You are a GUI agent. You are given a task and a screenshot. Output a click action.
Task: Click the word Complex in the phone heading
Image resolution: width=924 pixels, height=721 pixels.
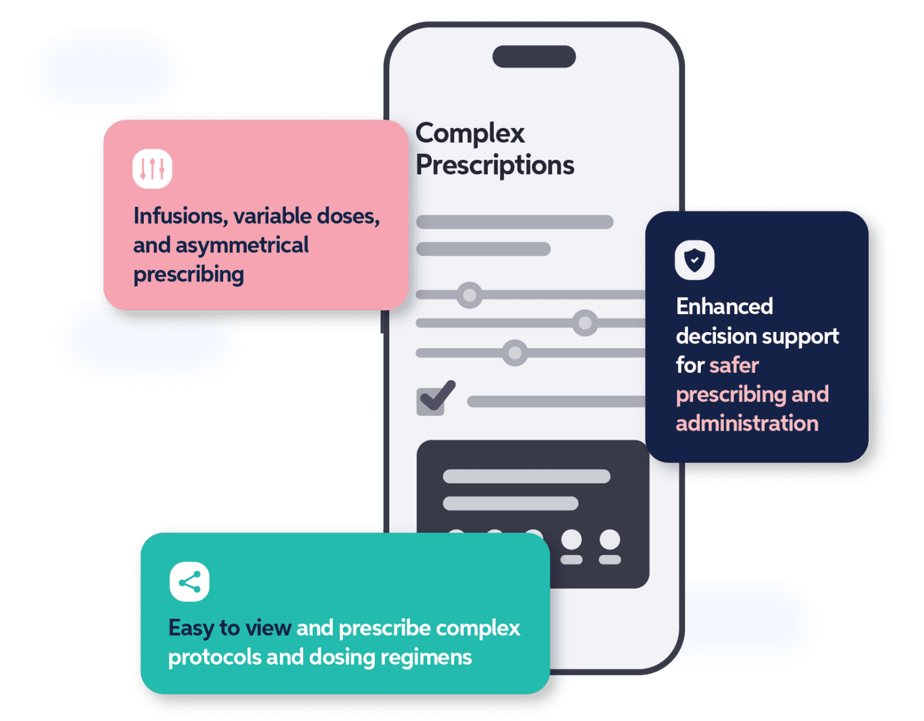(x=470, y=133)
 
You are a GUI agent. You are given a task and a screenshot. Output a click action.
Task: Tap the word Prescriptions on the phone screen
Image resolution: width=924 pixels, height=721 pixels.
(x=494, y=165)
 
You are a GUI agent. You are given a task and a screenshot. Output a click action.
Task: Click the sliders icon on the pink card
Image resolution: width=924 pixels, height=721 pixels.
(x=152, y=169)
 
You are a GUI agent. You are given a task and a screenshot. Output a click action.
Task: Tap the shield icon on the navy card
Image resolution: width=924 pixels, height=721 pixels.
(x=694, y=260)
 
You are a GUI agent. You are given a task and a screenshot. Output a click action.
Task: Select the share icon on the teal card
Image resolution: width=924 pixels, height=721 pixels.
(x=189, y=582)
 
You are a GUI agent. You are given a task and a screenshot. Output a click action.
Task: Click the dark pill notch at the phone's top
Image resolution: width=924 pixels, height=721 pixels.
(x=534, y=57)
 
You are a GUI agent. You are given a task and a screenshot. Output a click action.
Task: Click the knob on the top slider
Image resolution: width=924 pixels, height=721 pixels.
(x=469, y=295)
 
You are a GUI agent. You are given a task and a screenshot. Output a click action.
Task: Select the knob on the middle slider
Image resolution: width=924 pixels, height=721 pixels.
(x=584, y=323)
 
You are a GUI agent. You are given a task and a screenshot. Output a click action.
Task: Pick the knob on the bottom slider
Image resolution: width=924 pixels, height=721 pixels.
(x=514, y=352)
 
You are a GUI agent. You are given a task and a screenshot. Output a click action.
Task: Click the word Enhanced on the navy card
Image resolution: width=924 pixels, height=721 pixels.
(x=724, y=307)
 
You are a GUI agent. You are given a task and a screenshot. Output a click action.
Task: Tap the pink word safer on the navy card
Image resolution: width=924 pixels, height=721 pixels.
(x=734, y=365)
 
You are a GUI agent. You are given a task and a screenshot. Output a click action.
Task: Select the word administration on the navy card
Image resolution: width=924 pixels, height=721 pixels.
(x=747, y=423)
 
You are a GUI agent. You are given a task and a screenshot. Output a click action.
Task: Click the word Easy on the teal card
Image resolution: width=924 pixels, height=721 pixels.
(x=191, y=628)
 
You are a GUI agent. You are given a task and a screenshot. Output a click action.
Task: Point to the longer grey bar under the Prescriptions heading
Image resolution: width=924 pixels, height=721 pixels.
(x=514, y=222)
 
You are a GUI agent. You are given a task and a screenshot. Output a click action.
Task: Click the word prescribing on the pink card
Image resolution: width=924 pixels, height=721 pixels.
(x=188, y=275)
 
